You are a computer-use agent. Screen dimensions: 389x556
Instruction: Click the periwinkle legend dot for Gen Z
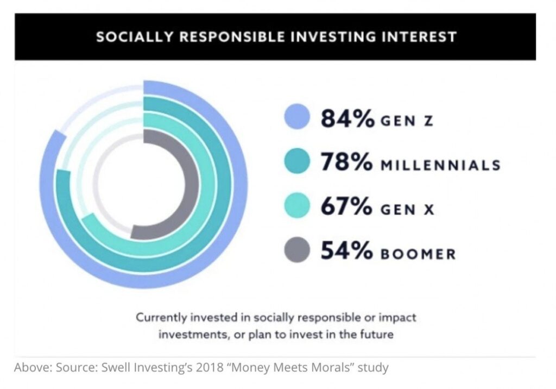(x=296, y=118)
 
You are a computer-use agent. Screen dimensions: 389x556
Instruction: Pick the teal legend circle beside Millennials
(x=296, y=162)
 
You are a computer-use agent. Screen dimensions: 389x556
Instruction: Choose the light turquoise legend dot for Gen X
(x=296, y=206)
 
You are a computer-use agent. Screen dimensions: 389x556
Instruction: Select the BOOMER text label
(x=418, y=254)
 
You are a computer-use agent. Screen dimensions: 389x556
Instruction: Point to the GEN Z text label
(x=406, y=121)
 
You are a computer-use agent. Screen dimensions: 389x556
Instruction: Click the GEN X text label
(x=407, y=209)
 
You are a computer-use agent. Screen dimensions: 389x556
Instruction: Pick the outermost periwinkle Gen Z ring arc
(x=239, y=185)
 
